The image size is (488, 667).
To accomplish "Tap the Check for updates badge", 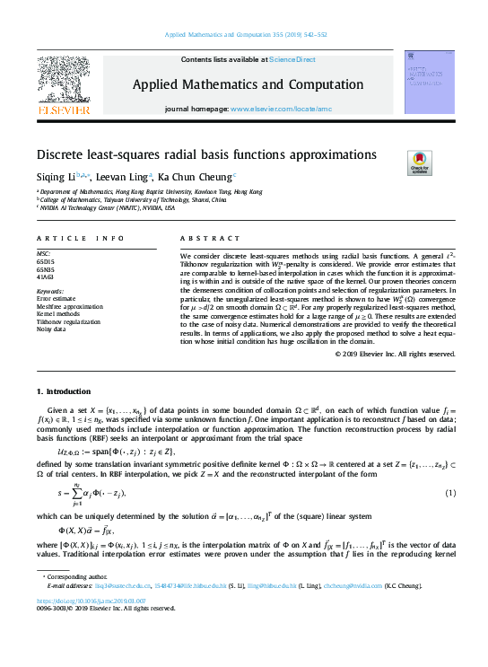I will click(x=420, y=162).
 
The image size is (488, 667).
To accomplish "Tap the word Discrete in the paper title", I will click(x=58, y=154).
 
